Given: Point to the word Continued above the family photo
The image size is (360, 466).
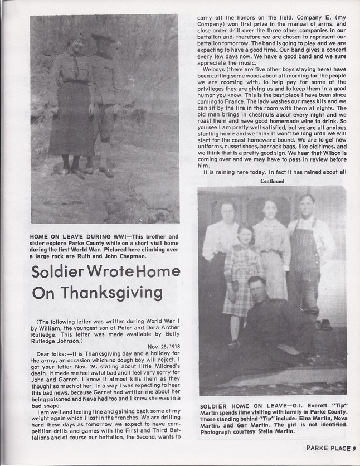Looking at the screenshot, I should (272, 181).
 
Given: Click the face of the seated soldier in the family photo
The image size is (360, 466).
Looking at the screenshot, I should (257, 288).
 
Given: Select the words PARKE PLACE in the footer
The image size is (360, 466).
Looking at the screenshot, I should (327, 448).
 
